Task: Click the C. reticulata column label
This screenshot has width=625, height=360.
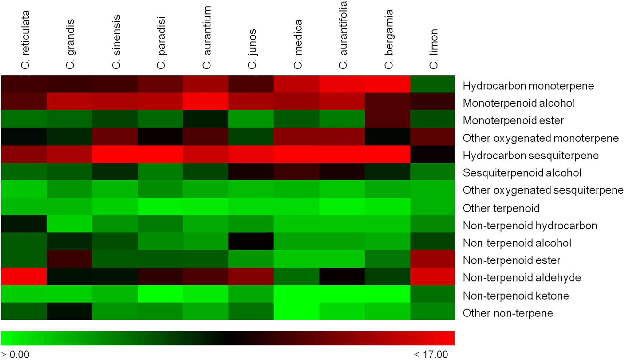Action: (x=25, y=40)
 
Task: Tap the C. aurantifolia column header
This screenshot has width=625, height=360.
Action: (x=343, y=35)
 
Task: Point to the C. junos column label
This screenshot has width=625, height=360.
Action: (x=252, y=49)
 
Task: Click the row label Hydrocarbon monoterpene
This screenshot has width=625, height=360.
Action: (x=528, y=86)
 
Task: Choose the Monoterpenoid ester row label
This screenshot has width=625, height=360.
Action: (x=513, y=121)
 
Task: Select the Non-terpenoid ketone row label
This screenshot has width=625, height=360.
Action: (x=516, y=296)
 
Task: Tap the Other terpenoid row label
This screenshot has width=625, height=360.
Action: (x=501, y=208)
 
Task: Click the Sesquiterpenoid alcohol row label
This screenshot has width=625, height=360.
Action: (x=522, y=173)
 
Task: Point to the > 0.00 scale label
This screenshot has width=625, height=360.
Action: (x=15, y=355)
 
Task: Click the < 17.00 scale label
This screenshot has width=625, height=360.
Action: (x=431, y=355)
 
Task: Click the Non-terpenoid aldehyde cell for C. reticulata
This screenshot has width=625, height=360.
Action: (x=24, y=276)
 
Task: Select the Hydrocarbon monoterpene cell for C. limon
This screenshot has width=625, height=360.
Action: (x=432, y=84)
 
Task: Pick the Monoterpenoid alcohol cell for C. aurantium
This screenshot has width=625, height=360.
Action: (x=205, y=101)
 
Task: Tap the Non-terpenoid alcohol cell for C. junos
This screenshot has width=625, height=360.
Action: (x=251, y=241)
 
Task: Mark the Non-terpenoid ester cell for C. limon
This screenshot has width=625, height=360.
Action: (x=432, y=259)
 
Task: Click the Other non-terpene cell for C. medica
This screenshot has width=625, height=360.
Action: (x=297, y=311)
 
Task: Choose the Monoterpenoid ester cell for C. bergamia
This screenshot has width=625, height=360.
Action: (x=387, y=119)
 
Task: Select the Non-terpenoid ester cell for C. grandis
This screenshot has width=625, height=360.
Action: (x=69, y=259)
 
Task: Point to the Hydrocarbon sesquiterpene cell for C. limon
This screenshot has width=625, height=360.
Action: (x=432, y=154)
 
